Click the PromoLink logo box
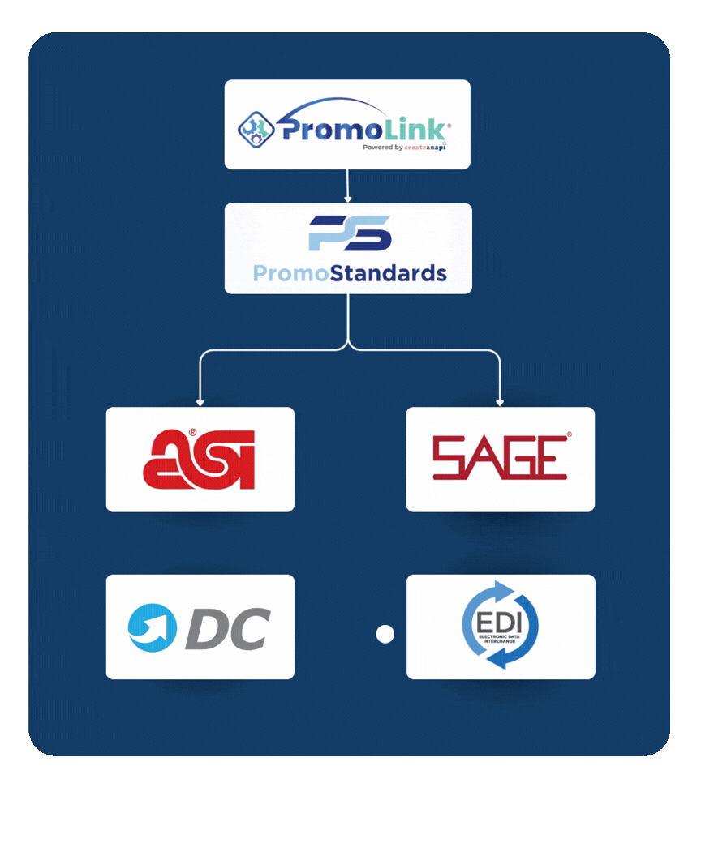point(347,124)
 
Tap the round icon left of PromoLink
point(256,129)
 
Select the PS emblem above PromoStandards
point(350,233)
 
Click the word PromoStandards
point(350,273)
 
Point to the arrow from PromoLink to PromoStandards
point(347,186)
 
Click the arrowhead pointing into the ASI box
point(200,401)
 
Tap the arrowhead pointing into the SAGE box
point(500,401)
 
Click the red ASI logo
point(200,460)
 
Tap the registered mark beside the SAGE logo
point(569,436)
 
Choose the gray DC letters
point(228,628)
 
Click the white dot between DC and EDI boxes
point(385,634)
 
